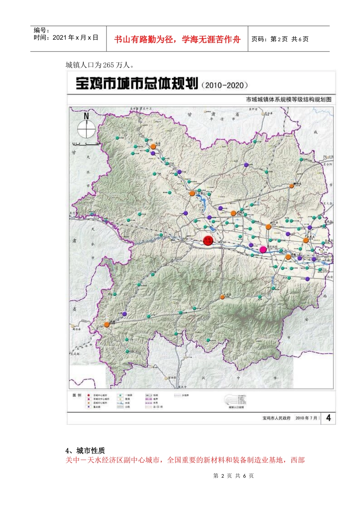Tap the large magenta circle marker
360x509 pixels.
pos(263,250)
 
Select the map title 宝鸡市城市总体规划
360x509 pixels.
pos(137,84)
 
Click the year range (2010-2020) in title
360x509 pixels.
pos(225,85)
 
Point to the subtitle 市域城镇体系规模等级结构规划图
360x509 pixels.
pos(288,100)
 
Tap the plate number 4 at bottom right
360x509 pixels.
pos(328,418)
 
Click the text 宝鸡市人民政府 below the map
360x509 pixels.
pos(276,418)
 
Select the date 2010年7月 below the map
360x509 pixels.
pos(306,418)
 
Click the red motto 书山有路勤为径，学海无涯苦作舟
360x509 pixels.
pos(177,39)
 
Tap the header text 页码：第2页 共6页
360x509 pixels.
pos(280,39)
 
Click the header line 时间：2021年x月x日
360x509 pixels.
pos(66,37)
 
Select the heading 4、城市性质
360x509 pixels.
pos(85,451)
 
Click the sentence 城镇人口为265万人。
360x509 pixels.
pos(100,65)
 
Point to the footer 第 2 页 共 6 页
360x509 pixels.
pos(233,476)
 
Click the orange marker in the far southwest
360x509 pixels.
pos(107,325)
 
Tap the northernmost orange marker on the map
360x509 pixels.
pos(153,147)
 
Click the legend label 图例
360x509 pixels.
pos(77,395)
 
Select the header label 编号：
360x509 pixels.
pos(42,30)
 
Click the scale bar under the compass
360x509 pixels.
pos(86,144)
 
